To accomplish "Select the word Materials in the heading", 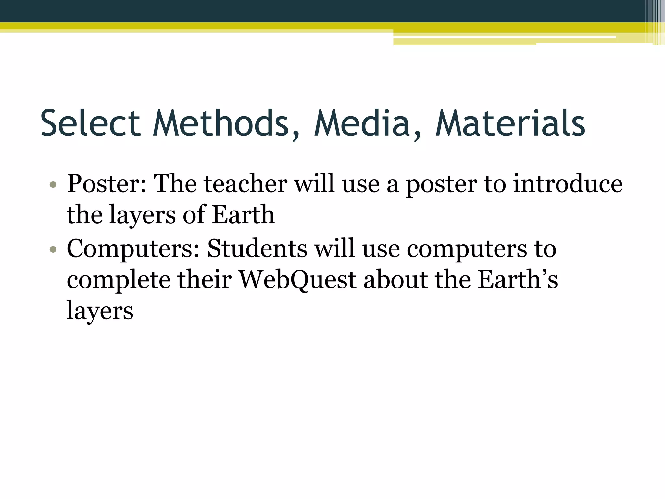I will click(510, 123).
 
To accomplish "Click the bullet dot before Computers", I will click(53, 249).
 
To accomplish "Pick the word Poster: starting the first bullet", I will click(107, 184).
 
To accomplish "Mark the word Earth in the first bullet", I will click(243, 215).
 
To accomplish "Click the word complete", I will click(119, 280).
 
